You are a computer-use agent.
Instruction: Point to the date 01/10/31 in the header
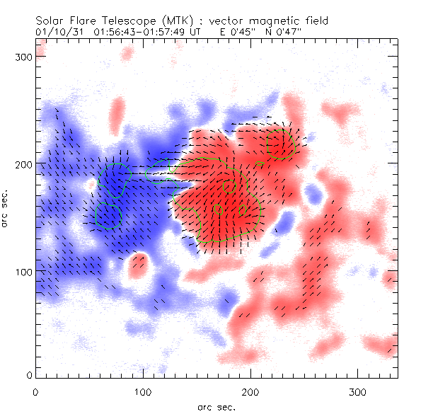54,32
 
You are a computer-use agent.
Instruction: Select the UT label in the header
197,32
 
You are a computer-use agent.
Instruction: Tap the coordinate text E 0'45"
238,32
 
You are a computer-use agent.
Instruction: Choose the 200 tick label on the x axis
250,391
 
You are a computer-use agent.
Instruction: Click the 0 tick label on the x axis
35,391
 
